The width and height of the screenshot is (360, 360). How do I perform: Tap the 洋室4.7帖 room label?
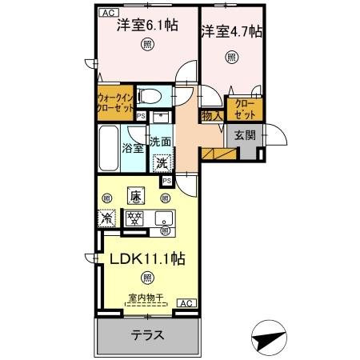230,32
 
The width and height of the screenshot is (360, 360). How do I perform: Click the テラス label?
147,336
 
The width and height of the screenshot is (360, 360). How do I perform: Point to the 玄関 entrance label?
245,135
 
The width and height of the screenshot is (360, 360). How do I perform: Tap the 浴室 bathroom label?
133,146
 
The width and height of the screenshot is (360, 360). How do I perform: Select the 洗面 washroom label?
161,142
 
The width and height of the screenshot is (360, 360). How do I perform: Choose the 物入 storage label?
210,117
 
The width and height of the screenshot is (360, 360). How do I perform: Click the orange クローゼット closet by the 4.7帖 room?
242,107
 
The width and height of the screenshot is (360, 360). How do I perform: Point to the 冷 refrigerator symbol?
106,217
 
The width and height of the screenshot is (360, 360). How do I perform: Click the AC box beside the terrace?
185,304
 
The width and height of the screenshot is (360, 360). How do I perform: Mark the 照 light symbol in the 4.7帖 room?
231,57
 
